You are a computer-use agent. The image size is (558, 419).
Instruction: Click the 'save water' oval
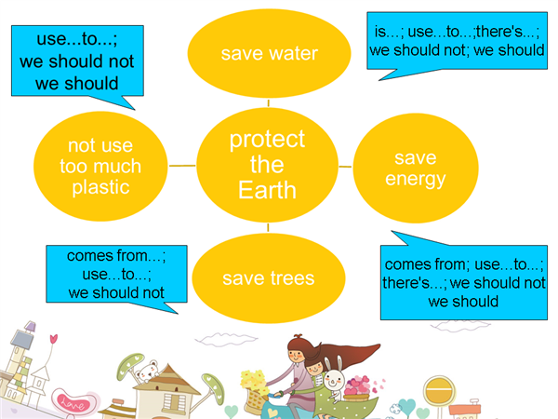click(269, 53)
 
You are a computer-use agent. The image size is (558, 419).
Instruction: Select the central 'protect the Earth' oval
click(267, 165)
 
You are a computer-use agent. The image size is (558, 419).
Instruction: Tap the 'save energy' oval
click(416, 168)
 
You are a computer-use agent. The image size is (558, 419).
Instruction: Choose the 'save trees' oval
click(269, 278)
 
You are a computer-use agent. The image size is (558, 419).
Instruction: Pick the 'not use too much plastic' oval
click(100, 167)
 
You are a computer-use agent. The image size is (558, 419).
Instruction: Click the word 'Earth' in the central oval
click(267, 190)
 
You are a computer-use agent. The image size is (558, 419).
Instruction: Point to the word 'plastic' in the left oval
click(100, 187)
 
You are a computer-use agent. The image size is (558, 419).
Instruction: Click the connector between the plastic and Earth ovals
click(182, 166)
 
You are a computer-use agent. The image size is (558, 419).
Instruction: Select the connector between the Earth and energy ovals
click(345, 167)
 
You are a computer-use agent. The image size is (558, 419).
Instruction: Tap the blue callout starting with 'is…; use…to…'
click(457, 41)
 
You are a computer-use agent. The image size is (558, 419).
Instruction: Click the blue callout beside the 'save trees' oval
click(116, 275)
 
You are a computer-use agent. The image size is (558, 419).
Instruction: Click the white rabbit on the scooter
click(334, 380)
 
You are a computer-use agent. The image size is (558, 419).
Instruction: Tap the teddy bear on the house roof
click(148, 372)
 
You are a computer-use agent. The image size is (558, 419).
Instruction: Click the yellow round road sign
click(439, 390)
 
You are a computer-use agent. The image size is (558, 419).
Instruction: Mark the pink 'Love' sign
click(74, 403)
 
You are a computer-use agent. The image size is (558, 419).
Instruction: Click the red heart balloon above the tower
click(53, 338)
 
